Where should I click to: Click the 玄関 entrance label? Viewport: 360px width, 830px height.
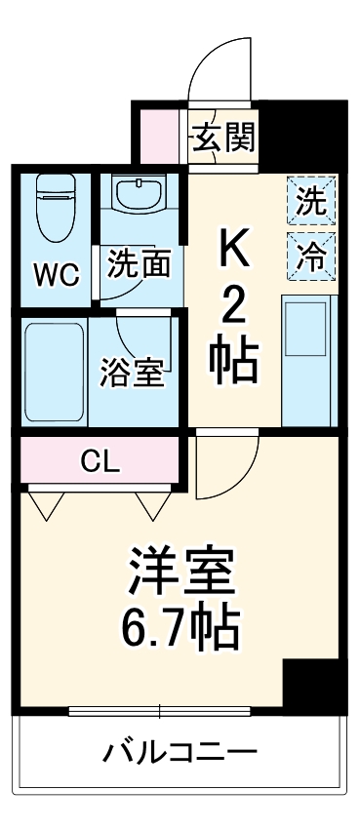(223, 138)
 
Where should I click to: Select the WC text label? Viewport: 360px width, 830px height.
(56, 274)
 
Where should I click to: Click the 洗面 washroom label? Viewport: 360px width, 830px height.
(140, 263)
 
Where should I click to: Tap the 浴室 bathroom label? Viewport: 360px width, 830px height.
(133, 374)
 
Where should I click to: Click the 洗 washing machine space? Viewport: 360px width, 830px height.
(311, 203)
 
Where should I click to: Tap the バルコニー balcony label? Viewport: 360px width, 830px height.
(180, 752)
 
